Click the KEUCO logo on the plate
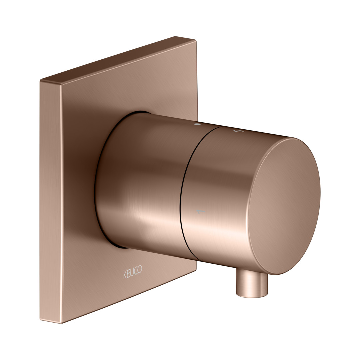(133, 272)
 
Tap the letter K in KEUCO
(125, 275)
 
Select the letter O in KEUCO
(140, 269)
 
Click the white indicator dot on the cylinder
(197, 124)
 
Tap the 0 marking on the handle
(238, 131)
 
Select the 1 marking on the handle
(201, 211)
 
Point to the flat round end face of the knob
(284, 206)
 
